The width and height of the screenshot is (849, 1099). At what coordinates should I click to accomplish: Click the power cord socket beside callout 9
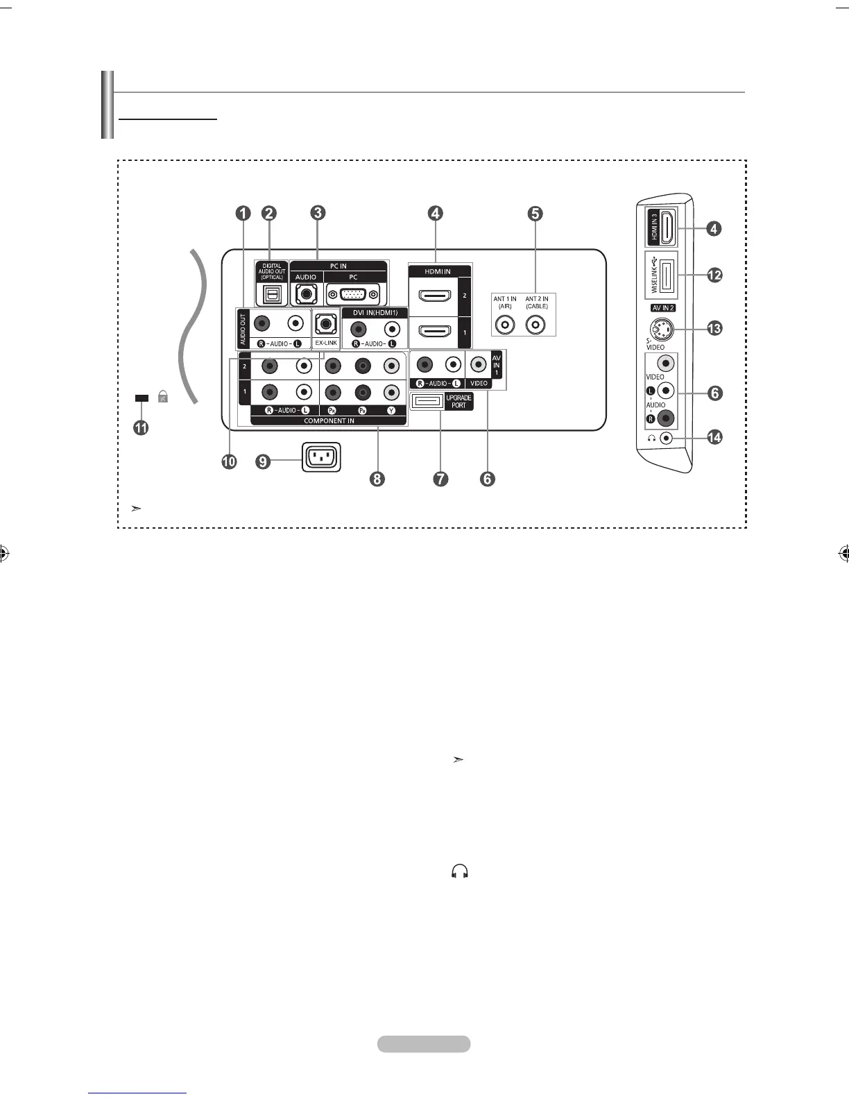point(321,458)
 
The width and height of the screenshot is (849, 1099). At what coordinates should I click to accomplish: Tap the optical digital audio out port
point(271,294)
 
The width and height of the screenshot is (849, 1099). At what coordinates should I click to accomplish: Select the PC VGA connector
point(354,294)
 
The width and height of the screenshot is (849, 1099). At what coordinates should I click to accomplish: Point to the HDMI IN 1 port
point(434,332)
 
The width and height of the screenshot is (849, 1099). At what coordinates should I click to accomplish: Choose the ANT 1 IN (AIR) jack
point(505,324)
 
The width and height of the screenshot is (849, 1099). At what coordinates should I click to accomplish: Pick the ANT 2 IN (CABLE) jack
point(536,324)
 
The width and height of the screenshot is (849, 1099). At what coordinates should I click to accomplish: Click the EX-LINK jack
point(326,323)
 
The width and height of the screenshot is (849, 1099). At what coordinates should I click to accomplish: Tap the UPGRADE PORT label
point(458,401)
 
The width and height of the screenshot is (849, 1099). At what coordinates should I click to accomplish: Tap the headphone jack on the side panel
point(666,438)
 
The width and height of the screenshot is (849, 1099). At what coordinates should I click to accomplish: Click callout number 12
point(714,275)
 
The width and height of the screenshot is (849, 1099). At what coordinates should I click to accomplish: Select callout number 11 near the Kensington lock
point(141,428)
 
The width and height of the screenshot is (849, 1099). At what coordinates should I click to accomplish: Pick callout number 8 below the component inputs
point(377,479)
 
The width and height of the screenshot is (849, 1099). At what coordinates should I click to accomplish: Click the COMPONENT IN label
point(329,421)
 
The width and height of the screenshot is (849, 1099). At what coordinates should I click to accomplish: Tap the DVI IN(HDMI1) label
point(375,313)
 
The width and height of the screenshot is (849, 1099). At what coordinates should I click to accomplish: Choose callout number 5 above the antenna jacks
point(535,214)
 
